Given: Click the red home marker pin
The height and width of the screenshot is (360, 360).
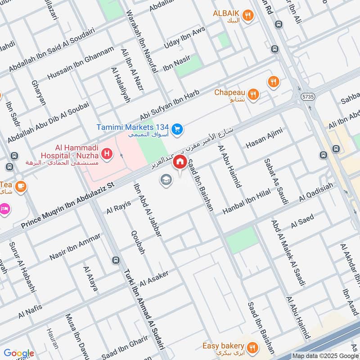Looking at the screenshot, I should click(180, 162).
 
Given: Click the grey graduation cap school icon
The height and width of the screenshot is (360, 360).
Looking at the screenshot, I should click(166, 180).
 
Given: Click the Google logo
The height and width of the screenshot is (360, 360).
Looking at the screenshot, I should click(18, 353).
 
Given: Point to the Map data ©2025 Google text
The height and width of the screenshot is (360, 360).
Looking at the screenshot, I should click(324, 355).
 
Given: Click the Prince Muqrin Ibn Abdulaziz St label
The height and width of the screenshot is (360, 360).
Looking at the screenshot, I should click(68, 204).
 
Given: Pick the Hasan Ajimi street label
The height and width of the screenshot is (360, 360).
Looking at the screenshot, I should click(264, 139).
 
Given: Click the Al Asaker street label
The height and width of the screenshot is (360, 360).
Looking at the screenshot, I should click(154, 279).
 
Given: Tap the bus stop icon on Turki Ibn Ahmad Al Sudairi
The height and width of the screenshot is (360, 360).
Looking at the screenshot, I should click(116, 260).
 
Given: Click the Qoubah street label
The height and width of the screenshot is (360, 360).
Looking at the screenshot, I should click(137, 243).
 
